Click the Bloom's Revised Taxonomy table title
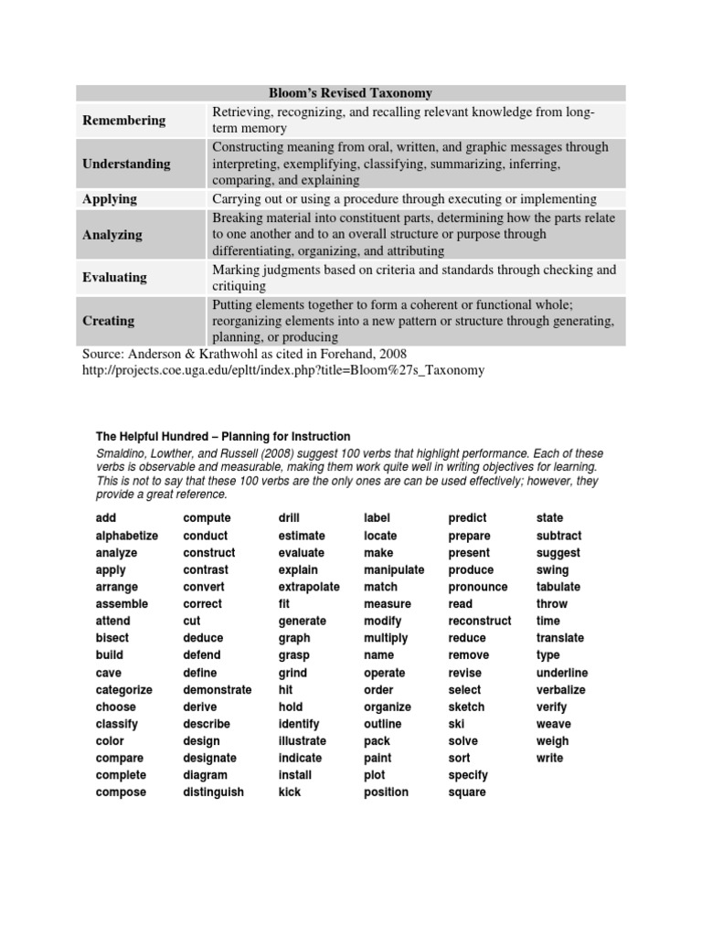point(351,93)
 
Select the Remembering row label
point(124,120)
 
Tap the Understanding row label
point(126,164)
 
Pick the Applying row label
point(110,198)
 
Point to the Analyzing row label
point(112,234)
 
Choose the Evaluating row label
point(114,277)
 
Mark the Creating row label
point(108,320)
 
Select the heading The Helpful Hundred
point(223,437)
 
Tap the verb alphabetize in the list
point(127,536)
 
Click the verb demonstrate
point(218,690)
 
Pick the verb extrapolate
point(309,587)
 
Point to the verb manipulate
point(394,569)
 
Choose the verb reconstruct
point(480,622)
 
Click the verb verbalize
point(561,690)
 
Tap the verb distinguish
point(214,792)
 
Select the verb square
point(467,792)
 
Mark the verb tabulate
point(558,587)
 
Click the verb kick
point(290,792)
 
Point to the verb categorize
point(124,690)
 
